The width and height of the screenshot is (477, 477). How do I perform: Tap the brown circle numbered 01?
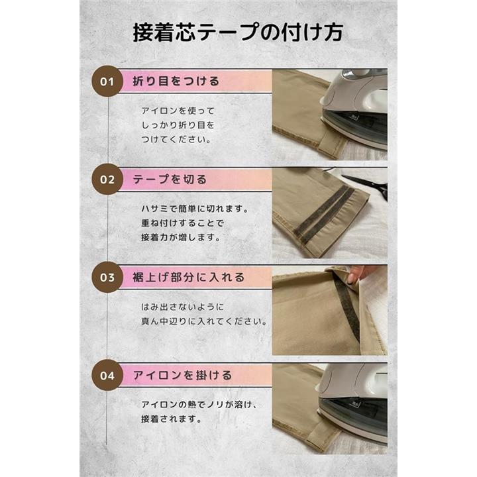pos(107,81)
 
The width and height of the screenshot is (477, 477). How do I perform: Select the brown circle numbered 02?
pos(107,179)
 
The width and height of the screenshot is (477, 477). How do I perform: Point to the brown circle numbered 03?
pos(107,277)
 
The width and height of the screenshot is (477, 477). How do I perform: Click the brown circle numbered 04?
pos(107,376)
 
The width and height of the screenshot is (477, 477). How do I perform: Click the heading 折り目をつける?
pos(176,81)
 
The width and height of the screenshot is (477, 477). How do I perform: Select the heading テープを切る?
pos(170,179)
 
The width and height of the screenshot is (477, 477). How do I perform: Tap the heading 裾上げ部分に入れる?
pos(189,277)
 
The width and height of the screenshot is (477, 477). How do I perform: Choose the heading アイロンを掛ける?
pos(182,375)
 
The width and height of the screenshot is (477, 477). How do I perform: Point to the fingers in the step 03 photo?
pos(355,274)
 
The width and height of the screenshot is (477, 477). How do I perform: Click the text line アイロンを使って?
pos(178,111)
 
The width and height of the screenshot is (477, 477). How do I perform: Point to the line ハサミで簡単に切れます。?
pos(195,209)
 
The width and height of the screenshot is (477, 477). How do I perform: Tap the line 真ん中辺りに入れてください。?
pos(204,321)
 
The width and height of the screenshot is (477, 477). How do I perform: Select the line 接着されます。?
pos(172,419)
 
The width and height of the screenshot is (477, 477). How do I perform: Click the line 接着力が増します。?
pos(181,237)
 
